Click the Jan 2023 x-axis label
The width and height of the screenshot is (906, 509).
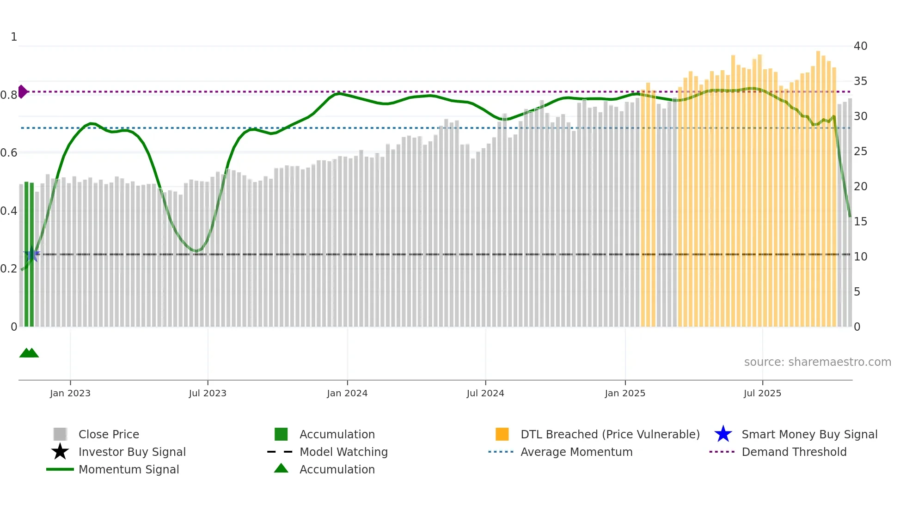[70, 393]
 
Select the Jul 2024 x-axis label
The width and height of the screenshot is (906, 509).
[485, 393]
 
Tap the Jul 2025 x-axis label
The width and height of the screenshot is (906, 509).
[762, 393]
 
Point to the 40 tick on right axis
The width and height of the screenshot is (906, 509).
[860, 46]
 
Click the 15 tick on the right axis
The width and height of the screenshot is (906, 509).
[860, 222]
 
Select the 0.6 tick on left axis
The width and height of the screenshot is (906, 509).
[9, 153]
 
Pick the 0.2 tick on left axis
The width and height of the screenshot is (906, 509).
[9, 269]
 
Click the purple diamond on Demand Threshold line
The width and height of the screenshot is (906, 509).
[22, 91]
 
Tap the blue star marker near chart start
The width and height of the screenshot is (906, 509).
[31, 254]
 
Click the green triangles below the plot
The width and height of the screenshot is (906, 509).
[29, 353]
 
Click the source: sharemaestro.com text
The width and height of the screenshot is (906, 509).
[817, 362]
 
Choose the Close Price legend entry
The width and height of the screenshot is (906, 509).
[109, 434]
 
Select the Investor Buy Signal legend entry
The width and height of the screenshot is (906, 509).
[132, 452]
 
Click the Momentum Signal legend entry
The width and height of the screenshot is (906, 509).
[129, 469]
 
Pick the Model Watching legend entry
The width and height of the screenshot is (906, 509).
[343, 452]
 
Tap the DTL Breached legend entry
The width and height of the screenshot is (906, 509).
[610, 434]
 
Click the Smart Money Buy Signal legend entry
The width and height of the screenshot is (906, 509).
[809, 434]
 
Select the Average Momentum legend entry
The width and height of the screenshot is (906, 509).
[576, 452]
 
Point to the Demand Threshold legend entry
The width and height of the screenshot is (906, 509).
[794, 452]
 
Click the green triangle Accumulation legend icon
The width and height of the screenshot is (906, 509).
[281, 468]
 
